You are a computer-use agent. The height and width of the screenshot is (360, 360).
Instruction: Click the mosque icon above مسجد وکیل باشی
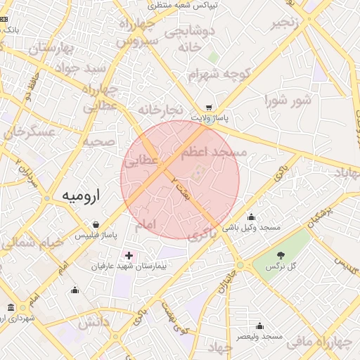tap(252, 217)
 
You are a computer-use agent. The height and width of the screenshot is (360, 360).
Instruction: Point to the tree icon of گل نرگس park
tap(281, 256)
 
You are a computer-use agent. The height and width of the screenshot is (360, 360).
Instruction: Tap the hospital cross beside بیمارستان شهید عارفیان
tap(128, 255)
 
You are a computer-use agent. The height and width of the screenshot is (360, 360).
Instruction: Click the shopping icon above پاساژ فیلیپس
tap(95, 224)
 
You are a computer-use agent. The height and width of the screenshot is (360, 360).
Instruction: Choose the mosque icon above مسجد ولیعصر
tap(259, 326)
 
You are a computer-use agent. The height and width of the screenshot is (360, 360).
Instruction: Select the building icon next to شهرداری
tap(10, 307)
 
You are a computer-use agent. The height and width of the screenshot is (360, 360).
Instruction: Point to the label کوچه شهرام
tap(219, 75)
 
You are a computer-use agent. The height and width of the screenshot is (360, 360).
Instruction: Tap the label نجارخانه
tap(160, 110)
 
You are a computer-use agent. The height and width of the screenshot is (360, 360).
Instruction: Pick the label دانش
tap(94, 323)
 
